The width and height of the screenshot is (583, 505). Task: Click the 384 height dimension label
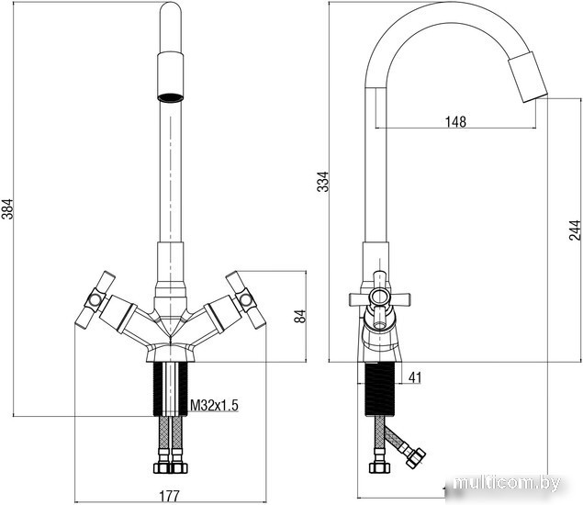tap(7, 209)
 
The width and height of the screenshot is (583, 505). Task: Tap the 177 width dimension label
tap(170, 496)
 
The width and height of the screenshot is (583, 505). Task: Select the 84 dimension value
tap(299, 316)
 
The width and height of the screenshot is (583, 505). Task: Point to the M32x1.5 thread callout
tap(214, 405)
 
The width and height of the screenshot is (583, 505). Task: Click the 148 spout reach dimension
tap(455, 121)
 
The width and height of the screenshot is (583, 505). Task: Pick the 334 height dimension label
tap(323, 182)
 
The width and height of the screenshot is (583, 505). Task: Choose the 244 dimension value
tap(575, 230)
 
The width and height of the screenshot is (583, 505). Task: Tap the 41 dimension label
tap(415, 377)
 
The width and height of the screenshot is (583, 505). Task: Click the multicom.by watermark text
tap(507, 484)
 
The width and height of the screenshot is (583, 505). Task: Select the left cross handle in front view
tap(95, 299)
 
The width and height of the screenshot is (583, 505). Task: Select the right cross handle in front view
tap(246, 299)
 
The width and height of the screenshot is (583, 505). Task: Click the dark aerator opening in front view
tap(171, 97)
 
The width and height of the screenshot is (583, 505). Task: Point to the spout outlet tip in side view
tap(534, 97)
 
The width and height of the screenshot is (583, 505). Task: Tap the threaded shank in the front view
tap(171, 388)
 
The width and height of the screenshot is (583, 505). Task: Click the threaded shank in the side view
tap(379, 389)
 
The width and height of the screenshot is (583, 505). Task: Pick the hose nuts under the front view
tap(171, 467)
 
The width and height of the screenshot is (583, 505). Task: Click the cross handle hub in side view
tap(379, 297)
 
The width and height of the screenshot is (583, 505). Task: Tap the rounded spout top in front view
tap(171, 11)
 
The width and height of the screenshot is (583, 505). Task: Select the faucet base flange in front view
tap(171, 353)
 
